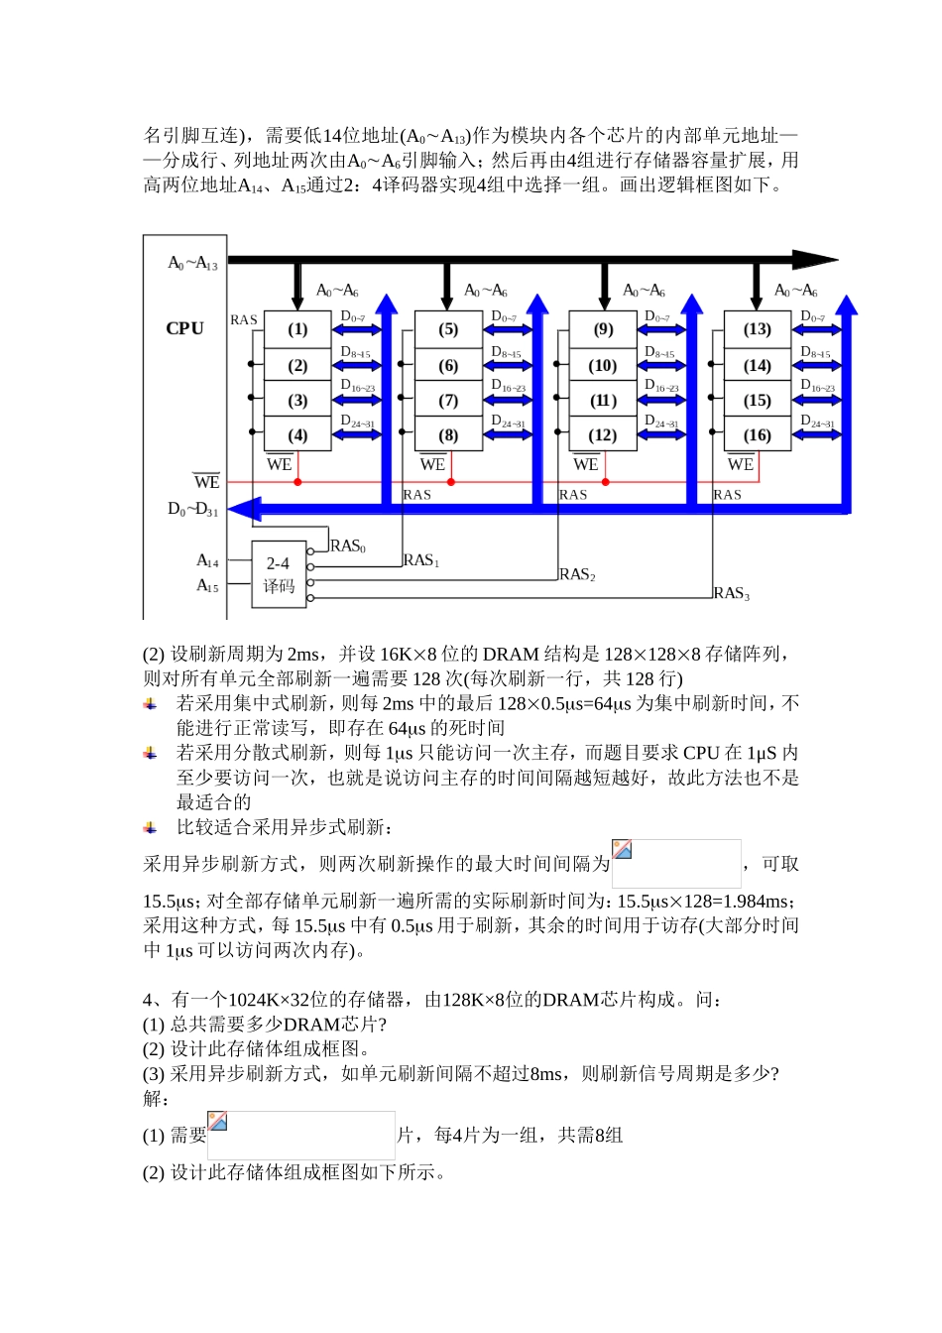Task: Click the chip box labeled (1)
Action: point(297,329)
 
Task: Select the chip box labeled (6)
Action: point(448,366)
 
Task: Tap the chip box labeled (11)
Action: point(603,401)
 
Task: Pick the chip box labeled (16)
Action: point(758,435)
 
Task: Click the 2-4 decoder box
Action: point(279,575)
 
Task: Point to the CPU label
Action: point(184,328)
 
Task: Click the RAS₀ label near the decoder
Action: point(348,546)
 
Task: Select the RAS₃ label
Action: point(731,593)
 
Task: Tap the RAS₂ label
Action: point(576,574)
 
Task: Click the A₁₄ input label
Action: point(207,561)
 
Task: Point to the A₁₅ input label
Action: point(207,586)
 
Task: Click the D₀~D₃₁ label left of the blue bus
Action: point(192,510)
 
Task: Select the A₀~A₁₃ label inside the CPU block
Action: point(192,263)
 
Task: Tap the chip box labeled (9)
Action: point(603,329)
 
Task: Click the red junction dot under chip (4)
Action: point(297,482)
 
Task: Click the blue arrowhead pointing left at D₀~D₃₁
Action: point(244,509)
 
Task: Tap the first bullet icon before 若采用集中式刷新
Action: point(150,703)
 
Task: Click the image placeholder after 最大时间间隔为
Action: point(676,864)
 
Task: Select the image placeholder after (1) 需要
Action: point(301,1136)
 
